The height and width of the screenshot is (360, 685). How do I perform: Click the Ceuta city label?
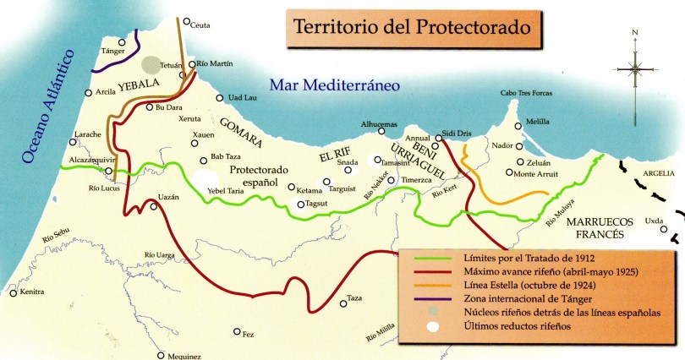pyautogui.click(x=200, y=25)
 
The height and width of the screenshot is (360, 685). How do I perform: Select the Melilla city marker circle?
pyautogui.click(x=519, y=121)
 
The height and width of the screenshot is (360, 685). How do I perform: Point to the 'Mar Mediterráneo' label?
pyautogui.click(x=333, y=85)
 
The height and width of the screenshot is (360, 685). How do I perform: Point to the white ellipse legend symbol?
pyautogui.click(x=430, y=325)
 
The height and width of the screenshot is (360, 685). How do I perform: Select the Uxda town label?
pyautogui.click(x=654, y=221)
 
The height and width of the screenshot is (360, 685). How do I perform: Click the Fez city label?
pyautogui.click(x=248, y=335)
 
